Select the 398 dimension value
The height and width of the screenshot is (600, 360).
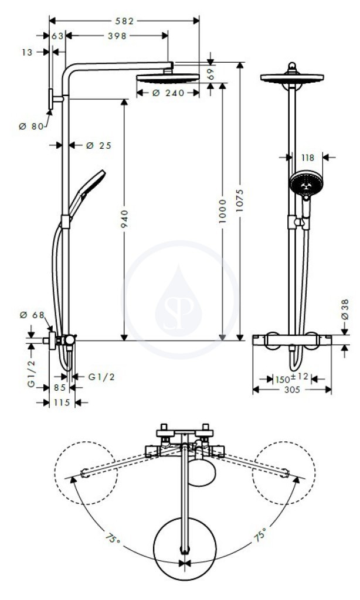[x=117, y=36]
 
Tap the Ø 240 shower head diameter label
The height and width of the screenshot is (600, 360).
[x=168, y=93]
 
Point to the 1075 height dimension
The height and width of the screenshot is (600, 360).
[x=240, y=200]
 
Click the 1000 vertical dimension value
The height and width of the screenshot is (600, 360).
[x=223, y=211]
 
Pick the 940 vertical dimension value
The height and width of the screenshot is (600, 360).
[x=124, y=219]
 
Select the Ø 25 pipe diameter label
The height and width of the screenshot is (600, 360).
[x=99, y=145]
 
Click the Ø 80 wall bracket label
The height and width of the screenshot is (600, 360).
[x=32, y=126]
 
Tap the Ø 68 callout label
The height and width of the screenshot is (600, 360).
[x=32, y=315]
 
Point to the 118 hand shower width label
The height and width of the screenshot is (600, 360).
[x=308, y=158]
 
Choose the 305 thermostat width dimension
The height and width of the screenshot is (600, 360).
[x=292, y=390]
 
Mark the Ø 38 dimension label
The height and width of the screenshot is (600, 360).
[x=345, y=309]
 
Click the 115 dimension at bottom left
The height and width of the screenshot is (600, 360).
[x=62, y=403]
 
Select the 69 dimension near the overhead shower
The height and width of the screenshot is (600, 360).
[x=210, y=74]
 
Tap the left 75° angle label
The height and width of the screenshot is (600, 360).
[x=113, y=539]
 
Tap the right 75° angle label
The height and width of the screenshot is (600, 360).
[x=260, y=534]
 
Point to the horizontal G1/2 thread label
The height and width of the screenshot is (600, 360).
[x=101, y=377]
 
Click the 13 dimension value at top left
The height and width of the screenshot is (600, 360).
[x=27, y=52]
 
